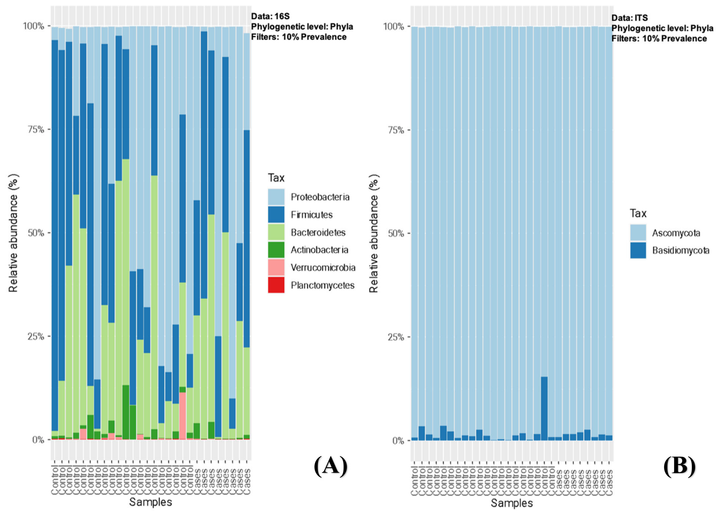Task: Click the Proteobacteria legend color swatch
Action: pos(276,197)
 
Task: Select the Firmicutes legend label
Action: pos(311,215)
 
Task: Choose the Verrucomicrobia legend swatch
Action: pos(276,268)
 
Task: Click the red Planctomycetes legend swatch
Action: pos(276,285)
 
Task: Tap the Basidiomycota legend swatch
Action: pos(638,251)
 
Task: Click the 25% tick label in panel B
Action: pos(396,337)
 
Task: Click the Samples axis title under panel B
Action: pos(512,503)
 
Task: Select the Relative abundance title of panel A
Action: pos(13,233)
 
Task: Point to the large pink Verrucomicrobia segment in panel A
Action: pos(182,415)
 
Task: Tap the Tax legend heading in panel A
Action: pos(276,178)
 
